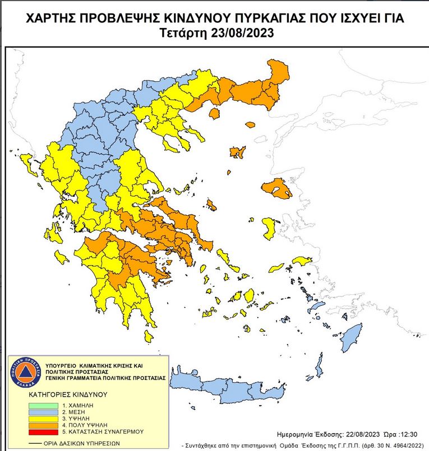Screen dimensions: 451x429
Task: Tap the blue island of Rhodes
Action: pos(352,336)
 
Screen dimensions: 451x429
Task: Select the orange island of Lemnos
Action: pos(237,152)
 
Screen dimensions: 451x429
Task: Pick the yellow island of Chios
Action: pos(269,227)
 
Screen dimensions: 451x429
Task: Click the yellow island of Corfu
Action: pos(26,163)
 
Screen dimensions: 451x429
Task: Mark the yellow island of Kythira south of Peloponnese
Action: pos(149,337)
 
